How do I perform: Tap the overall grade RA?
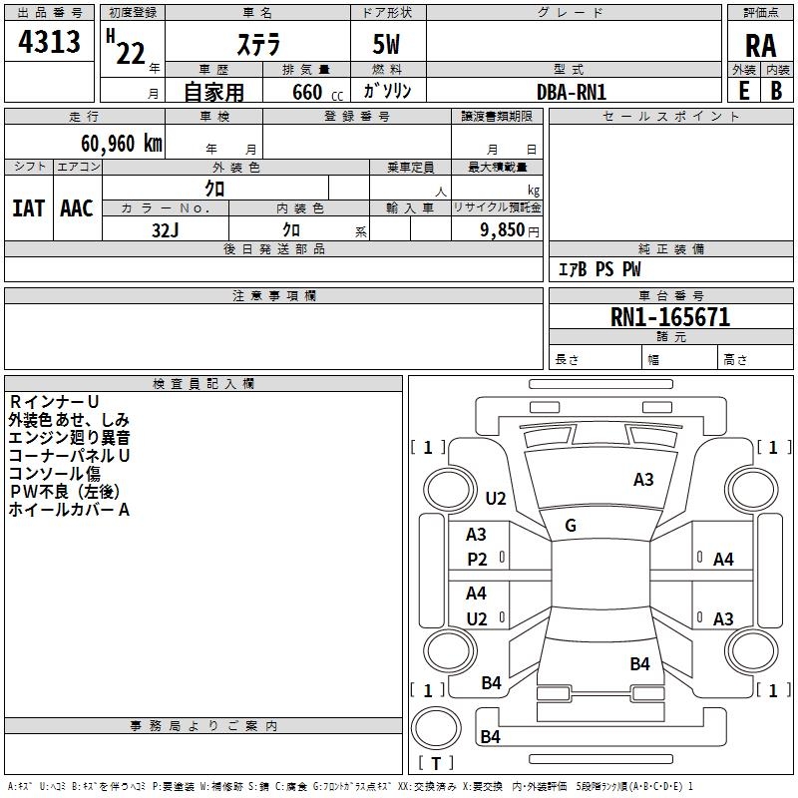(x=760, y=46)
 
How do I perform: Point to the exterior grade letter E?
(x=743, y=90)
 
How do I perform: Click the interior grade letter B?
(x=777, y=90)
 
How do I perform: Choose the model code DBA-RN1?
(x=572, y=92)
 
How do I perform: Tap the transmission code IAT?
(x=28, y=208)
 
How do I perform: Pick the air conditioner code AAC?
(x=76, y=208)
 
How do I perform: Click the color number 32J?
(x=165, y=228)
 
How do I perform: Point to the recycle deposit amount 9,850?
(x=502, y=229)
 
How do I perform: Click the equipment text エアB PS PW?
(x=598, y=269)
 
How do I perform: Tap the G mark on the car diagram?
(x=571, y=526)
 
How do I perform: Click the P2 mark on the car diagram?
(x=478, y=560)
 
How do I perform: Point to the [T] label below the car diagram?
(x=436, y=764)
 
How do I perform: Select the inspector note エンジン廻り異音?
(x=69, y=437)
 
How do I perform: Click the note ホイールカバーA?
(x=69, y=510)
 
